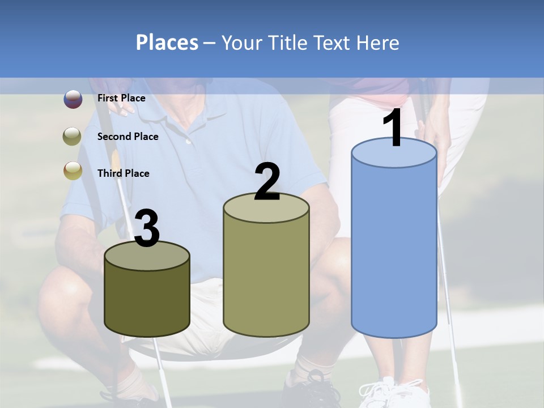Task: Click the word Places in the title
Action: click(x=167, y=42)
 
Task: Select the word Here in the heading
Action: click(x=376, y=42)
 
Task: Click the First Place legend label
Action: click(x=121, y=98)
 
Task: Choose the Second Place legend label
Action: click(x=127, y=137)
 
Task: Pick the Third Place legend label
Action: click(x=123, y=173)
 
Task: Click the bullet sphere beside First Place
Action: click(x=73, y=99)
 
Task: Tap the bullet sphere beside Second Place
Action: click(x=73, y=137)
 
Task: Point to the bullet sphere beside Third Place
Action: click(x=73, y=171)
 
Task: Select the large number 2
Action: click(x=267, y=182)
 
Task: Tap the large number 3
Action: click(x=147, y=229)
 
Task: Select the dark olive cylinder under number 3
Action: click(x=147, y=300)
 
